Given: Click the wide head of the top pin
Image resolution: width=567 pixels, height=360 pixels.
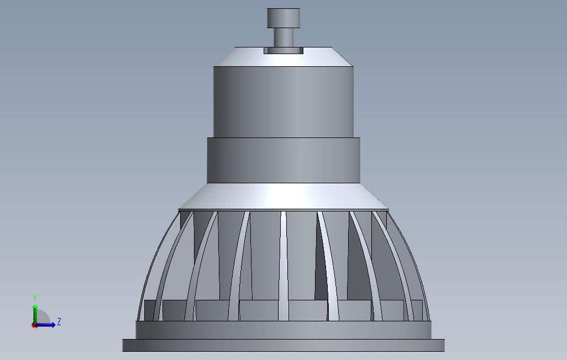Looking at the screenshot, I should tap(283, 18).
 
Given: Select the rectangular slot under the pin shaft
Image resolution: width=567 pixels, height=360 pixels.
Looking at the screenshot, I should tap(283, 51).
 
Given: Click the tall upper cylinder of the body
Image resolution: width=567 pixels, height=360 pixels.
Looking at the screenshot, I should tap(283, 102).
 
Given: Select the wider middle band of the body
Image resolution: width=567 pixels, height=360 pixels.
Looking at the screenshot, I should tap(283, 160).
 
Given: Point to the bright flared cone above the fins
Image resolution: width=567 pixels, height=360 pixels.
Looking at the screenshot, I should tap(283, 197).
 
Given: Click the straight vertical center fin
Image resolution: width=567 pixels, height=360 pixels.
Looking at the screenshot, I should tap(283, 265).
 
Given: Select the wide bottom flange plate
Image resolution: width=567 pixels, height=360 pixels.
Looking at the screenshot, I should tap(283, 346).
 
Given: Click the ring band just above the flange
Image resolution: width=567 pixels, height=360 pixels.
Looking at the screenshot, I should tap(283, 330).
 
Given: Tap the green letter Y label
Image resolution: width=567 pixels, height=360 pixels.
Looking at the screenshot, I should tap(35, 298).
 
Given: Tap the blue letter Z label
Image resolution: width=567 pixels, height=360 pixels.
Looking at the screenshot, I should tap(59, 322).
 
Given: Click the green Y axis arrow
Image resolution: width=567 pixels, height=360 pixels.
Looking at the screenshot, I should tap(35, 313).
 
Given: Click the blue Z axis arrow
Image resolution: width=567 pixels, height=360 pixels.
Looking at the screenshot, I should tap(47, 325).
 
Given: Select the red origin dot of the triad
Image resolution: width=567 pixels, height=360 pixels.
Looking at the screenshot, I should tap(34, 325).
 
